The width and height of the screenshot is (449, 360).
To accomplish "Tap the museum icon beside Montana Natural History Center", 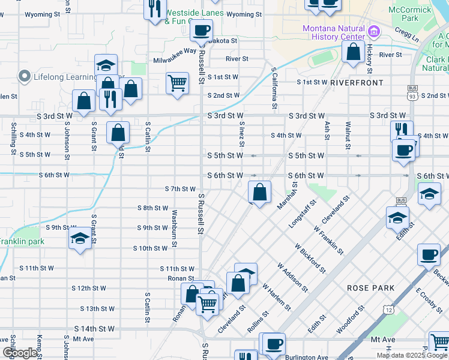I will [x=373, y=30].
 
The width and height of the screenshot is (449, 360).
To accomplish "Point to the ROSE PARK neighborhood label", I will [x=370, y=288].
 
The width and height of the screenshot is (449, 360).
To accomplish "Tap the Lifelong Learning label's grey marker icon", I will [x=25, y=76].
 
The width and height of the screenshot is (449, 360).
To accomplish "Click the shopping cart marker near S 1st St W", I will [x=177, y=83].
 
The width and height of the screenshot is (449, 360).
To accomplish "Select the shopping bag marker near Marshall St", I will [x=259, y=193].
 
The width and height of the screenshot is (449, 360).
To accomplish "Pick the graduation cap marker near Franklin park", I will [x=80, y=238].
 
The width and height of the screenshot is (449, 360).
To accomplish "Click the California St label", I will [x=274, y=88].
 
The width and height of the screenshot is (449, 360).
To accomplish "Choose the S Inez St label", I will [x=242, y=134].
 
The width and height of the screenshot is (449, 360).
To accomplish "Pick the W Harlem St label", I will [x=277, y=297].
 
